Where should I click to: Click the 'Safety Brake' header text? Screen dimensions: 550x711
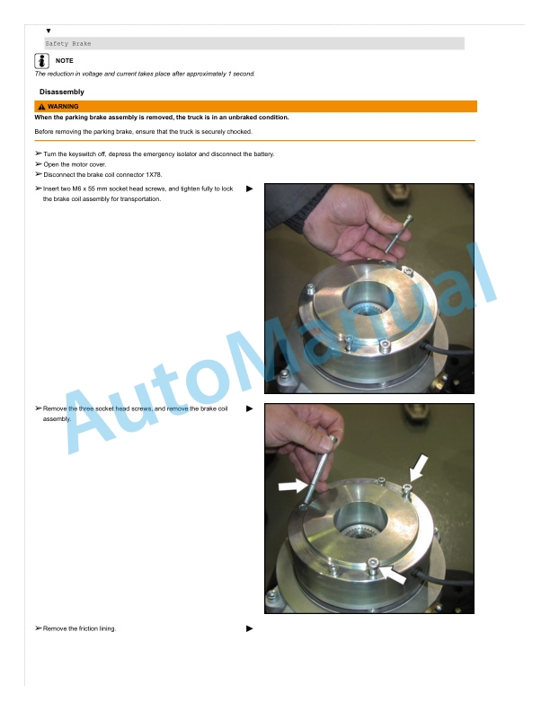tap(68, 43)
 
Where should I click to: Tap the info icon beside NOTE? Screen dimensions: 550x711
tap(41, 61)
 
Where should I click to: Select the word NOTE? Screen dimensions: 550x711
tap(65, 61)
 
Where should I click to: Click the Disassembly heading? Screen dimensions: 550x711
tap(62, 92)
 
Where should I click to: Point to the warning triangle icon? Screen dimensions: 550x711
tap(41, 107)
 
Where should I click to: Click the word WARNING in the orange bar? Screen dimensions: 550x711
tap(63, 107)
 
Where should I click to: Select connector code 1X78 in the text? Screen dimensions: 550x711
tap(154, 174)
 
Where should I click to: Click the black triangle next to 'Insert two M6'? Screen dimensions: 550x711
tap(250, 189)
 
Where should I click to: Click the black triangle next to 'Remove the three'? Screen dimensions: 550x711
tap(250, 408)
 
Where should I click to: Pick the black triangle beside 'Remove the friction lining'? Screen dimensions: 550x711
tap(250, 628)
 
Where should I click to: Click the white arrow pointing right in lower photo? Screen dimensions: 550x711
tap(293, 486)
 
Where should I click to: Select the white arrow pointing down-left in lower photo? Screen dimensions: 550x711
tap(419, 468)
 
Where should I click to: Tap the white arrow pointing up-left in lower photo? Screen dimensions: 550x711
tap(393, 575)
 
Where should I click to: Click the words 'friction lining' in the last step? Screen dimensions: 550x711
tap(97, 628)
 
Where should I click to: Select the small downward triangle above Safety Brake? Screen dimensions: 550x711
tap(49, 31)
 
